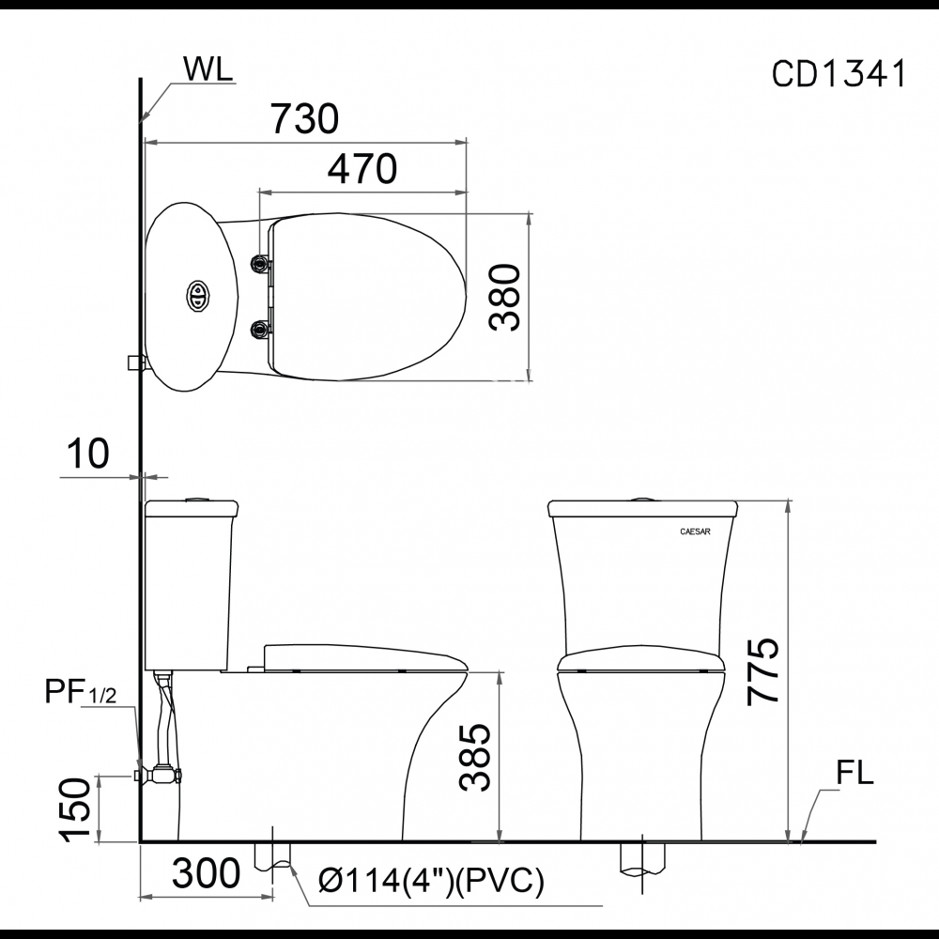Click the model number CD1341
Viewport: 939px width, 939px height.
coord(839,74)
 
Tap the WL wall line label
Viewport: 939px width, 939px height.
coord(208,69)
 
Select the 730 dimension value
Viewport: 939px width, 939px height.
coord(305,118)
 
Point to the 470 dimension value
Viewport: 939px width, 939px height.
coord(362,169)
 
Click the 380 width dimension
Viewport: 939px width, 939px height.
coord(504,297)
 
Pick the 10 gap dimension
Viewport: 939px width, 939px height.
coord(88,453)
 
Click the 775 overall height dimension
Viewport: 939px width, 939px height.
coord(762,670)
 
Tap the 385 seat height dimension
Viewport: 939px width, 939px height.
coord(475,758)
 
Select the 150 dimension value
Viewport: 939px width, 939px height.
coord(77,810)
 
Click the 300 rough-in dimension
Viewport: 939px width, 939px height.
coord(206,873)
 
